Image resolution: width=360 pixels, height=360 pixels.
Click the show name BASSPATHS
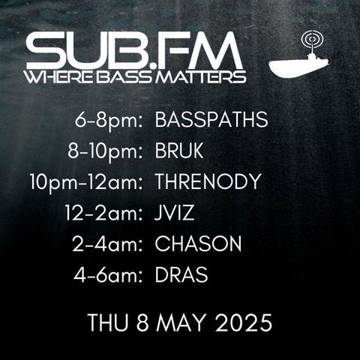point(211,120)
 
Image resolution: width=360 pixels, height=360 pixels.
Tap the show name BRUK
point(179,151)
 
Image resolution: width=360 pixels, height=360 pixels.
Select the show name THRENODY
point(208,181)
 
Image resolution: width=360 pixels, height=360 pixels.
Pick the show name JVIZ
point(174,213)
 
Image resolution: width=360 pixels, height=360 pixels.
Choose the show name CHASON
point(198,244)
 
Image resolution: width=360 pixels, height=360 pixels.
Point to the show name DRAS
point(181,274)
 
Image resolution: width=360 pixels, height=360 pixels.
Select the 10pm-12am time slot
point(86,182)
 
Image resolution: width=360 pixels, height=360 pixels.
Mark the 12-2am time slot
point(103,213)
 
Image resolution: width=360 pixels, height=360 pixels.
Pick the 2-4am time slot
point(107,244)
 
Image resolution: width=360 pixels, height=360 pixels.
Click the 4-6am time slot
point(108,275)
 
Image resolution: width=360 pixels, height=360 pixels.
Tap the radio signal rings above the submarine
point(313,39)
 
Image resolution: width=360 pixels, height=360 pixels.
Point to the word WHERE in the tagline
point(60,77)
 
